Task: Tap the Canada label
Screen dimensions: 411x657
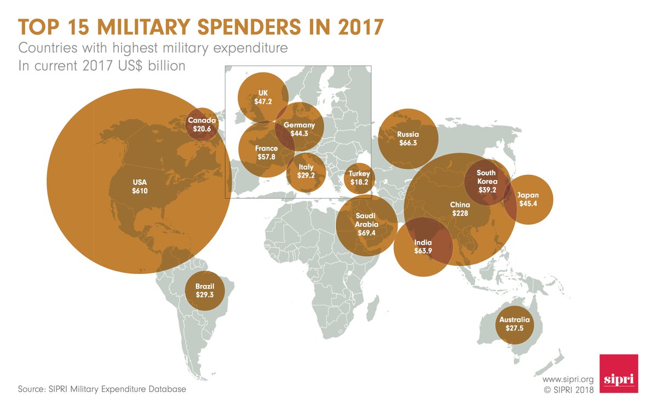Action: point(202,121)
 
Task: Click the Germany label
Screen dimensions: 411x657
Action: point(299,125)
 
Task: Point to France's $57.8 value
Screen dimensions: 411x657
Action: point(266,157)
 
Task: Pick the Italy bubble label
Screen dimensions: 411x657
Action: point(306,168)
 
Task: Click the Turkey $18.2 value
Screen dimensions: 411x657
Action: point(359,182)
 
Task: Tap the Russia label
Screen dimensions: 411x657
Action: point(408,134)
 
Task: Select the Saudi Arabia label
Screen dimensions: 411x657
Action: point(366,220)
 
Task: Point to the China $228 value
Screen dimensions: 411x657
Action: point(460,214)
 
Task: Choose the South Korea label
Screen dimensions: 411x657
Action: point(486,177)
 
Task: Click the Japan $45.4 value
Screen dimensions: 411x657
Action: point(528,204)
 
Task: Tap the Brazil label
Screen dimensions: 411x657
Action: point(205,286)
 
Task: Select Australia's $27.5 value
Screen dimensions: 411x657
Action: point(514,329)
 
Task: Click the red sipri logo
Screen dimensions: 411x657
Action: point(619,373)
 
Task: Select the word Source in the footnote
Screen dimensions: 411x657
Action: point(31,389)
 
